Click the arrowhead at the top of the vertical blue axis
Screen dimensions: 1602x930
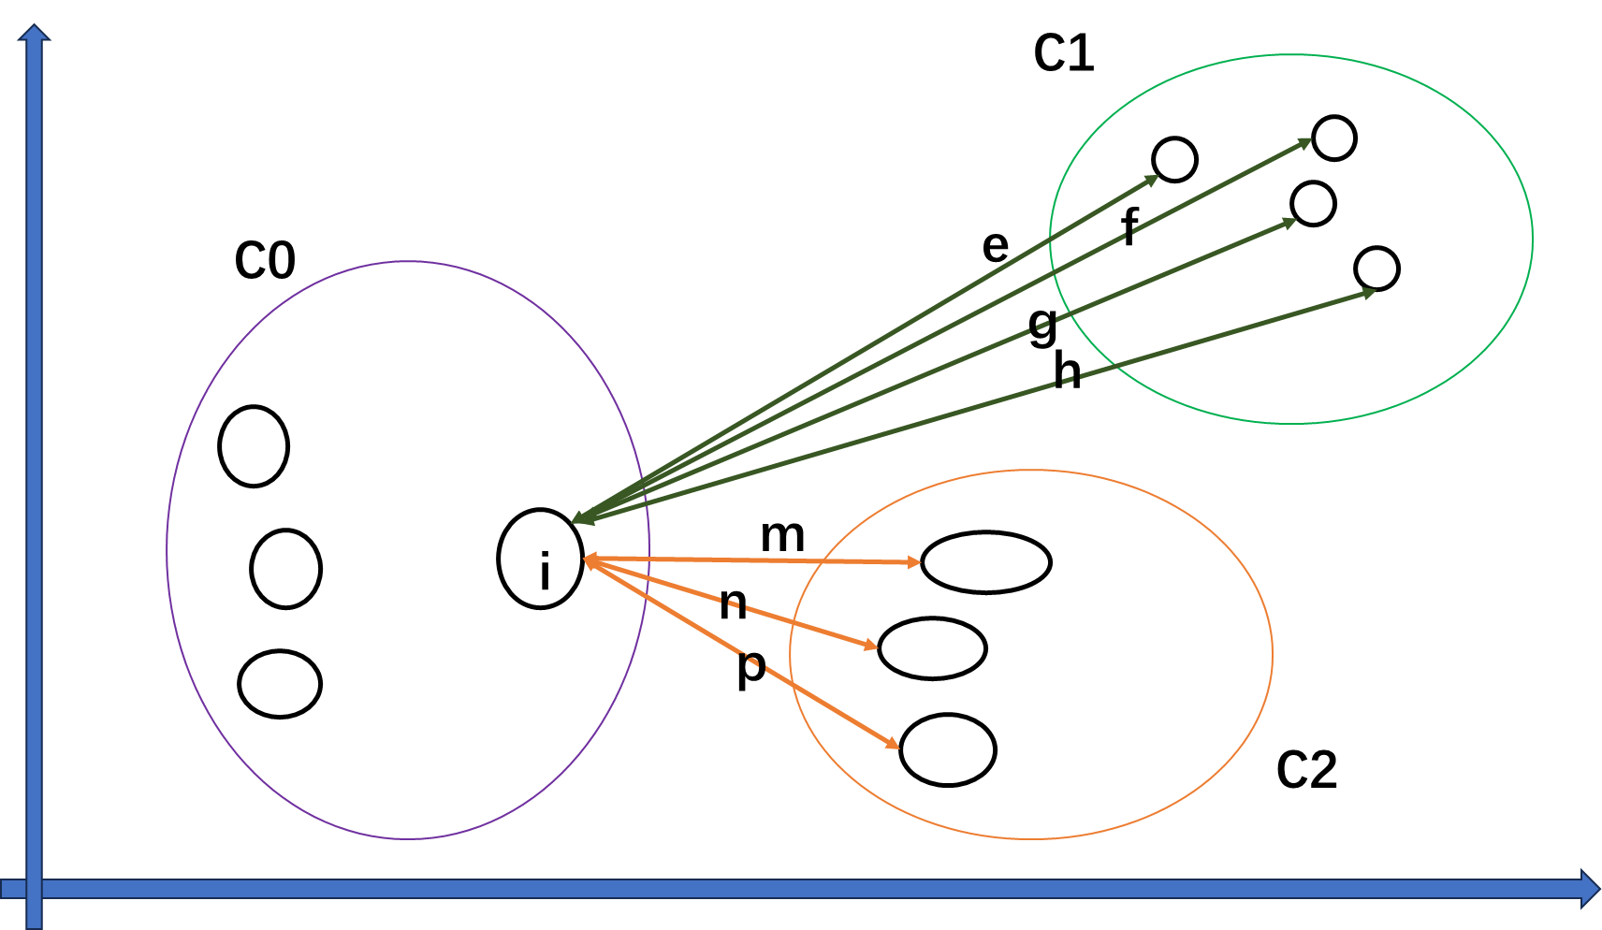[x=34, y=34]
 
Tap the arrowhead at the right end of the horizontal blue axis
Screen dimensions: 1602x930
[x=1589, y=889]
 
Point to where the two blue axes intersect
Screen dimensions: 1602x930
[x=34, y=889]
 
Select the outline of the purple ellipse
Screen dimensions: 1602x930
[x=167, y=550]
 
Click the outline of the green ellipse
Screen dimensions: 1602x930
[x=1532, y=239]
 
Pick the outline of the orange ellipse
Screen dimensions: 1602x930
[x=1272, y=654]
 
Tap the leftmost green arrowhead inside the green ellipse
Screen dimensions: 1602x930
[x=1156, y=178]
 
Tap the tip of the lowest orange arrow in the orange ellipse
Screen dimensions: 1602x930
[x=896, y=747]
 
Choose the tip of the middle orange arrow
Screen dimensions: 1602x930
[x=875, y=646]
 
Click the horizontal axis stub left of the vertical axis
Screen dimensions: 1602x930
[x=11, y=889]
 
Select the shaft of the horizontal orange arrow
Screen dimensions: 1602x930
[x=749, y=559]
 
